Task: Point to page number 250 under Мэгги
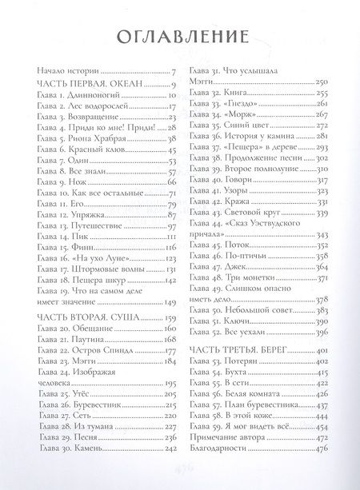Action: [321, 82]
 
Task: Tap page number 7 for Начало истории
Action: [173, 73]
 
